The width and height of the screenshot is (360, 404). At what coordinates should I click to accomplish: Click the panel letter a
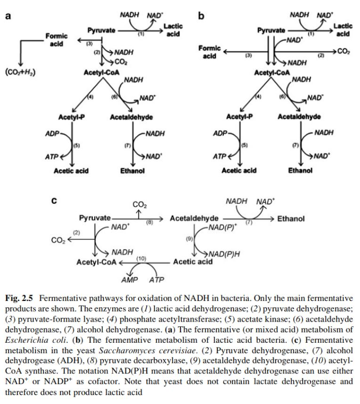(8, 16)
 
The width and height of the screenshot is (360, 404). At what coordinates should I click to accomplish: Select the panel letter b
(201, 16)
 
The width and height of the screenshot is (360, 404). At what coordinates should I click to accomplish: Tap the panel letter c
(55, 200)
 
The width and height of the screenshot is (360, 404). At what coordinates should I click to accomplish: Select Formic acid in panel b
(210, 52)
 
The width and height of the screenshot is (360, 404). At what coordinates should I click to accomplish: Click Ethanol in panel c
(291, 218)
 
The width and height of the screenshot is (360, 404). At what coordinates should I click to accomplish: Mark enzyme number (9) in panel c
(189, 239)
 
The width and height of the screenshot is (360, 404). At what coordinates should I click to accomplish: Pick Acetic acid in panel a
(71, 170)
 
